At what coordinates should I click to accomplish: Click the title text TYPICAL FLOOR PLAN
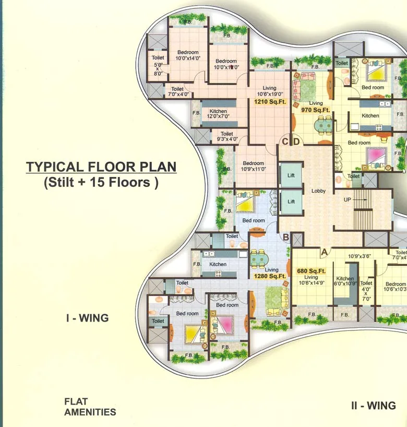click(101, 167)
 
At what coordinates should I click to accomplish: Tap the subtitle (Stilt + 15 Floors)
click(101, 183)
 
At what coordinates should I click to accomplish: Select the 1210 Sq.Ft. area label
click(270, 102)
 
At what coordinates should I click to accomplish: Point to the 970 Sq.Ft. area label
click(316, 110)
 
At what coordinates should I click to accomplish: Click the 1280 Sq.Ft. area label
click(270, 276)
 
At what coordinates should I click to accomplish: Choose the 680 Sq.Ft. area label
click(311, 271)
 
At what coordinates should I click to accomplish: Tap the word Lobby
click(318, 191)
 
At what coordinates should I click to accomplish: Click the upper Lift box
click(291, 176)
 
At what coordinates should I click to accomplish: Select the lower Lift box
click(291, 201)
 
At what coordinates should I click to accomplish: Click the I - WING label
click(87, 318)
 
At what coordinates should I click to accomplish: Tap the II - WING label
click(373, 406)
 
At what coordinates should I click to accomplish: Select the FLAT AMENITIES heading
click(90, 407)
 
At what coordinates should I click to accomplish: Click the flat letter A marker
click(324, 252)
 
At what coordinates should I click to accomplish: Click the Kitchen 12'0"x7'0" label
click(218, 115)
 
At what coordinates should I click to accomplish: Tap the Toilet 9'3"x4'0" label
click(226, 137)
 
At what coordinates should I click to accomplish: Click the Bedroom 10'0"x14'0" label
click(187, 55)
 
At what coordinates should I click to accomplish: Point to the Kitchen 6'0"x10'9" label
click(345, 282)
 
